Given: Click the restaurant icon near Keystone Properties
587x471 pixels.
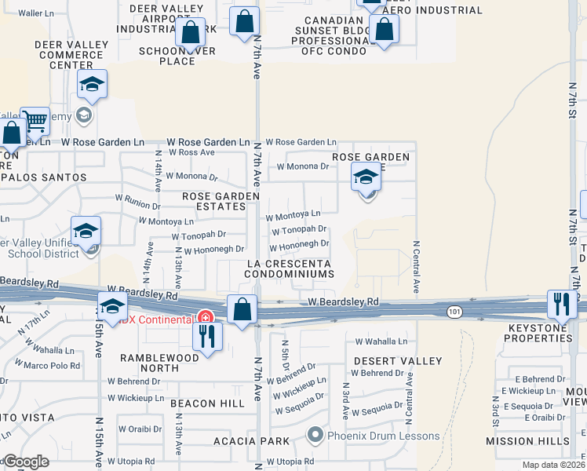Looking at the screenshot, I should [561, 303].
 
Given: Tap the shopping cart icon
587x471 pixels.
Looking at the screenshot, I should [35, 122].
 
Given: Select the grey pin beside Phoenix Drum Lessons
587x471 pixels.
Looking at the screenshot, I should [315, 434].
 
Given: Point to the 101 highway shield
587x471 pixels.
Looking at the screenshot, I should [454, 312].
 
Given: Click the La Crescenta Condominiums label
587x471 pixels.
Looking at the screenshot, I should [289, 268].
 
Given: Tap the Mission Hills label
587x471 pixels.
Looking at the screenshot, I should [527, 441].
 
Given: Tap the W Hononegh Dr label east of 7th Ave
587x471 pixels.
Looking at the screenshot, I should [299, 244].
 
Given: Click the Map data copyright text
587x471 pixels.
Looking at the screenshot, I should [552, 465].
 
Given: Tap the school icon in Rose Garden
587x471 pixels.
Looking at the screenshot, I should [366, 179].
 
